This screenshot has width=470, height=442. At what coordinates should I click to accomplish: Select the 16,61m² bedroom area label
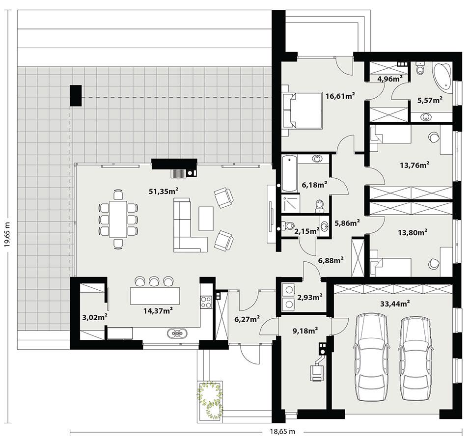click(340, 96)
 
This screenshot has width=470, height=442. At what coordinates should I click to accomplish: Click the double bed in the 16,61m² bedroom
click(302, 110)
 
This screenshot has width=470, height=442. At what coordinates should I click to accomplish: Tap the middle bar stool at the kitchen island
click(154, 281)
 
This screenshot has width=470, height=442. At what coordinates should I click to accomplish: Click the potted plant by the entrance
click(210, 395)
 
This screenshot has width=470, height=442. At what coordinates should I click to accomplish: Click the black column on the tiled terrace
click(75, 95)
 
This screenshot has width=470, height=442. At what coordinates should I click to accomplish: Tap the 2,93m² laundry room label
click(309, 297)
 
